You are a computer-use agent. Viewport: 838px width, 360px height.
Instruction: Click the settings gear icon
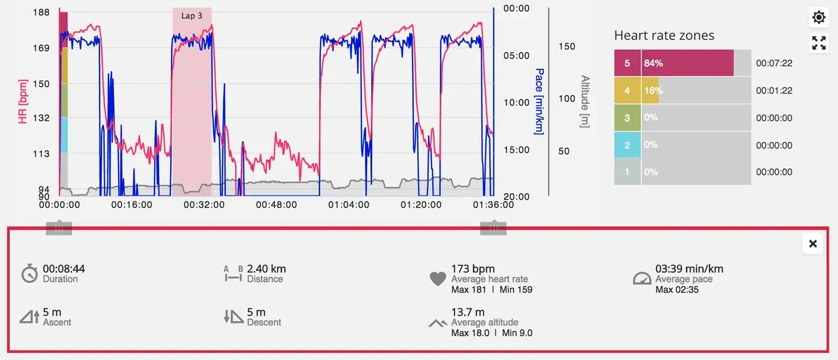[x=818, y=17]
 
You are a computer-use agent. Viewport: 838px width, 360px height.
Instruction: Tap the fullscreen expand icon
[x=818, y=43]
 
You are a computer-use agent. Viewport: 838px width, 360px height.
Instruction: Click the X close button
[x=812, y=243]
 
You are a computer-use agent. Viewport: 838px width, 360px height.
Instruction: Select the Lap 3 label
[x=192, y=16]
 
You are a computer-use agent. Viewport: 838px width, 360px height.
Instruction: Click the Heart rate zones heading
[x=664, y=35]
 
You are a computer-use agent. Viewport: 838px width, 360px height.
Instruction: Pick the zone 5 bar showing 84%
[x=687, y=63]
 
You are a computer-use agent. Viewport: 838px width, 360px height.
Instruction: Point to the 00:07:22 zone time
[x=774, y=63]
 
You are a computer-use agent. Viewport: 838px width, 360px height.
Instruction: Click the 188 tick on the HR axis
[x=41, y=12]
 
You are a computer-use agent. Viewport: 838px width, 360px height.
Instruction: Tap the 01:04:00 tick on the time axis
[x=349, y=205]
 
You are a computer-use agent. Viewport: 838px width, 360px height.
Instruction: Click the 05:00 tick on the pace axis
[x=516, y=56]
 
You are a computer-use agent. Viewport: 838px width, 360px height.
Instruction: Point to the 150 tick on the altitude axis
[x=566, y=46]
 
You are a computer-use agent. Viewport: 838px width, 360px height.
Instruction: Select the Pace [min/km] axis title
[x=539, y=101]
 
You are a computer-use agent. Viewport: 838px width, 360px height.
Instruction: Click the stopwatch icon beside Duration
[x=29, y=274]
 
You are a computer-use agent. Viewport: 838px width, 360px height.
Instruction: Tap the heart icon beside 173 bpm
[x=438, y=279]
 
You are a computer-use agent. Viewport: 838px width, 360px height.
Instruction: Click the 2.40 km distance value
[x=266, y=269]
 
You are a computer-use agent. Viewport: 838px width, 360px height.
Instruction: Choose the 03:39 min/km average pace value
[x=689, y=269]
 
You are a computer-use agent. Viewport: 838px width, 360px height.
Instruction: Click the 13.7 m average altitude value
[x=467, y=312]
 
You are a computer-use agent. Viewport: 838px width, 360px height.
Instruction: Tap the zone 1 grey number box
[x=627, y=171]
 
